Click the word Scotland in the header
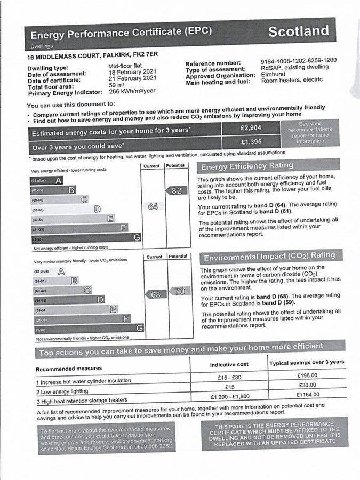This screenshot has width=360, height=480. [298, 31]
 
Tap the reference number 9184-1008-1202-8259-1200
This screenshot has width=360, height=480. [299, 60]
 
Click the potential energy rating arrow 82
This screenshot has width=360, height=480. [175, 190]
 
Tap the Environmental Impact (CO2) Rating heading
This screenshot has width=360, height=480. [269, 257]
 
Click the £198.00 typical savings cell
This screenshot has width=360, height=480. [307, 375]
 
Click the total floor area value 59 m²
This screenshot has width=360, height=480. [116, 85]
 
